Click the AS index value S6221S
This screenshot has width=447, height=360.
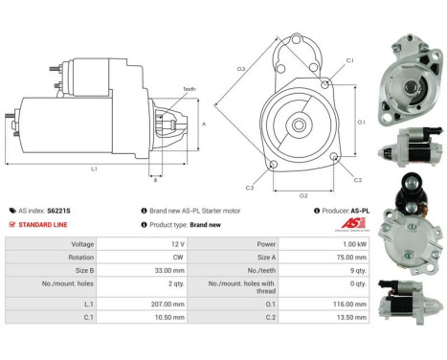click(x=60, y=210)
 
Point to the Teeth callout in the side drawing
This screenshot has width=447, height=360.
click(x=190, y=88)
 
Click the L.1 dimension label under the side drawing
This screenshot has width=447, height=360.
click(x=93, y=169)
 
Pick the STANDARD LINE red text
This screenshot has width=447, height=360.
click(x=47, y=224)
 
